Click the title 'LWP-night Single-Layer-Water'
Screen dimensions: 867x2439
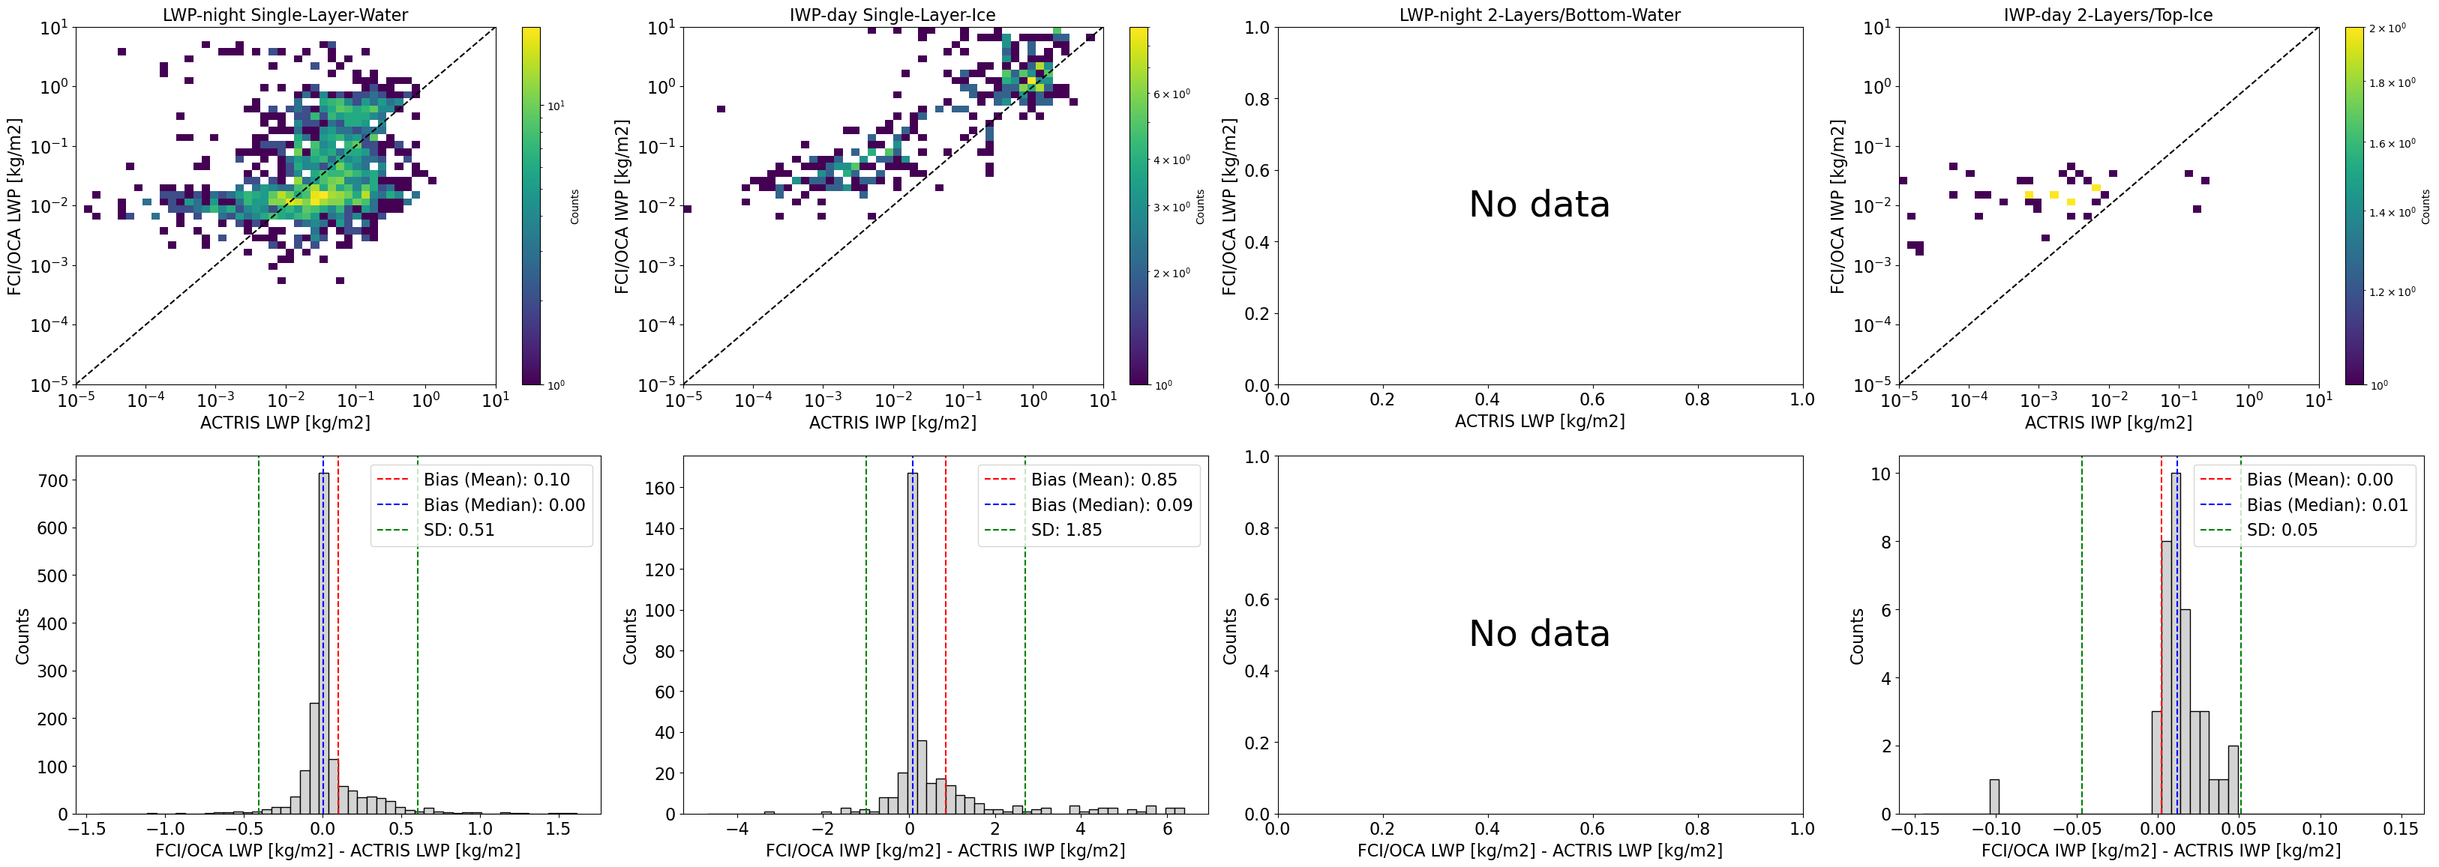click(x=285, y=15)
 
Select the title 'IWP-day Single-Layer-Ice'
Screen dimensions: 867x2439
click(x=892, y=15)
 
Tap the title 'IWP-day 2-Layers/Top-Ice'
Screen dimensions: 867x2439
click(x=2107, y=15)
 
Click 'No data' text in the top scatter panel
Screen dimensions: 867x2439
click(x=1538, y=205)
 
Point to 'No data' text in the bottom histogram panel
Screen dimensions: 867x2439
click(x=1538, y=633)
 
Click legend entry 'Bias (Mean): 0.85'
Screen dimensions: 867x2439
click(x=1103, y=480)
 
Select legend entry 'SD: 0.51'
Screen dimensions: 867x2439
click(x=458, y=530)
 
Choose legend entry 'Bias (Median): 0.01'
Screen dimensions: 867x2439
click(x=2326, y=504)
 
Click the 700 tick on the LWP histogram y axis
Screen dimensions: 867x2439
click(x=53, y=481)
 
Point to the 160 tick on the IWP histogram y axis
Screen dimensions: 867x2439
click(x=661, y=489)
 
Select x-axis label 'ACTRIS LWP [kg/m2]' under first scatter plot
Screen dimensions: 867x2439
click(x=285, y=422)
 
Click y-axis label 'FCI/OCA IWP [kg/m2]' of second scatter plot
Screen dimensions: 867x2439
click(x=622, y=206)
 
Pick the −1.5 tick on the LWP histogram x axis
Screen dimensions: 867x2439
click(x=86, y=828)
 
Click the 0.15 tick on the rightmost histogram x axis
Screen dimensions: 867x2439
click(x=2400, y=828)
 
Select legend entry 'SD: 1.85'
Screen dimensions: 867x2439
click(x=1066, y=530)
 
